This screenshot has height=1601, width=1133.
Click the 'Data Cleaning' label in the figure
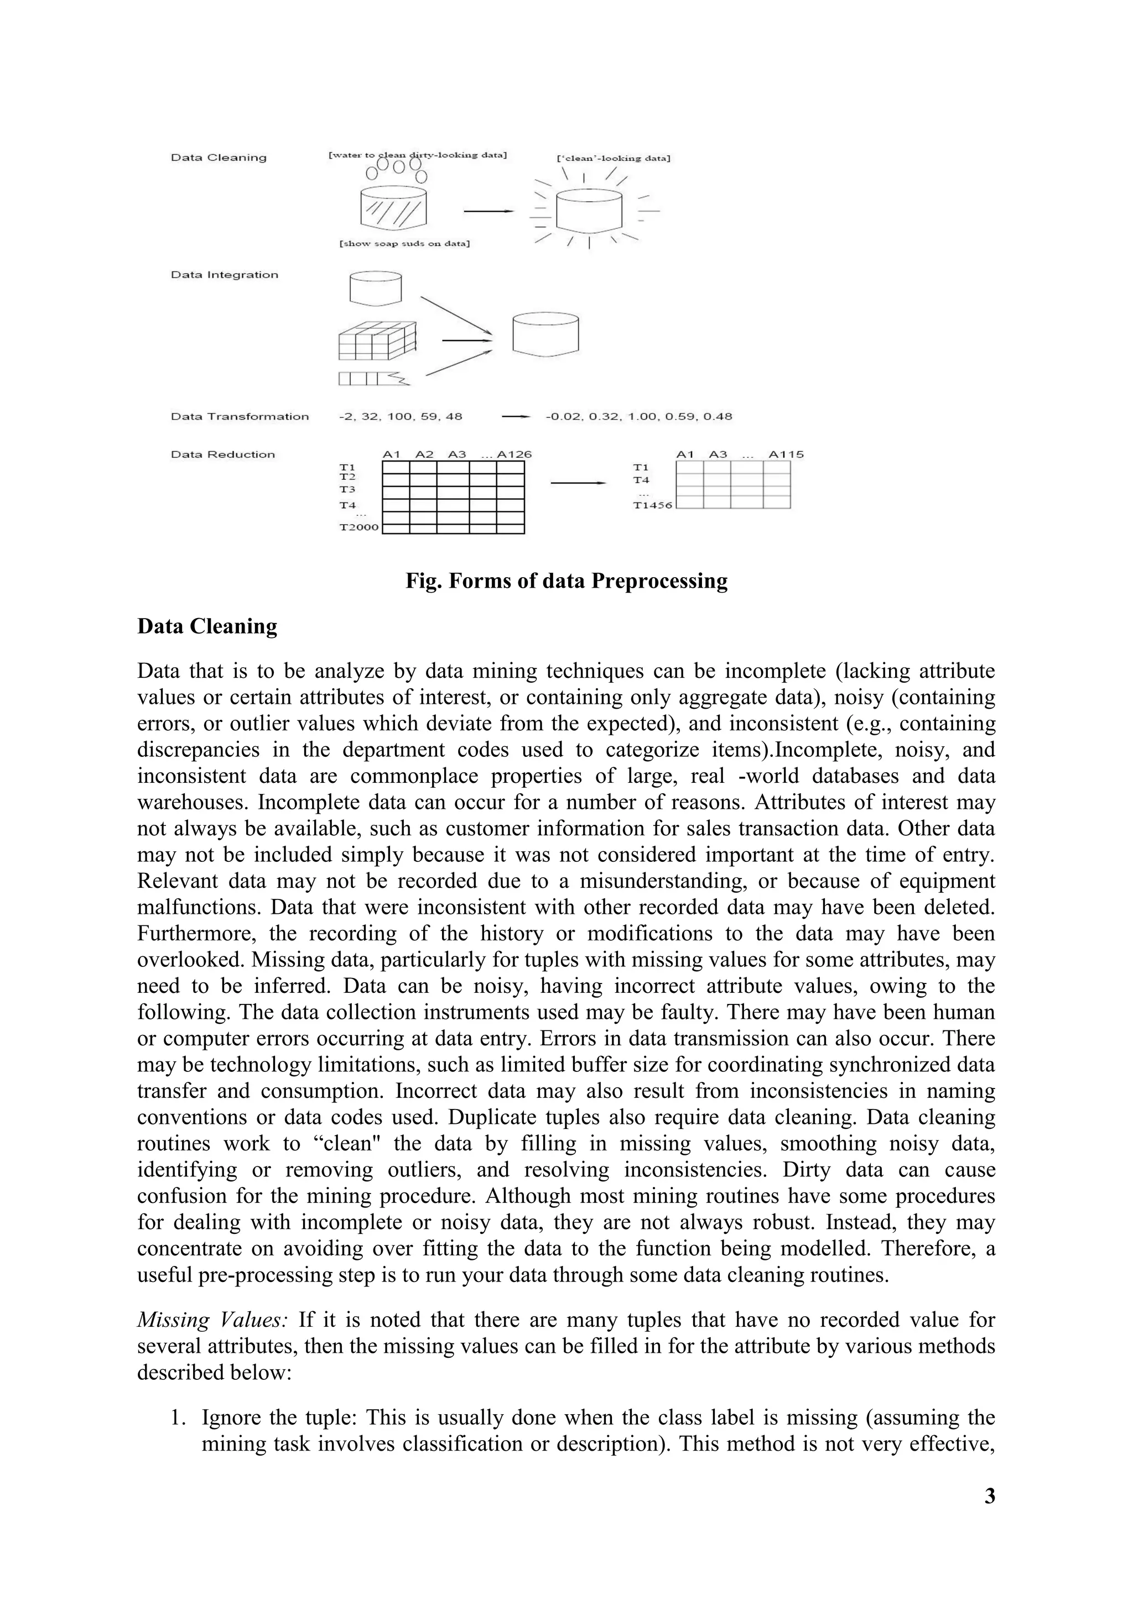219,158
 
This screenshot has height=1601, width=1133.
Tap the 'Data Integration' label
224,275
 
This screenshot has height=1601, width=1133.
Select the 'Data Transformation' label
240,416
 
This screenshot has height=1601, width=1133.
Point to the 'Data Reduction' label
222,454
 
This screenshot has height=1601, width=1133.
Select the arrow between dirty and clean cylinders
488,211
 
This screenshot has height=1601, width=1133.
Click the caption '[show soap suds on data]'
404,244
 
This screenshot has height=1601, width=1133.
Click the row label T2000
358,527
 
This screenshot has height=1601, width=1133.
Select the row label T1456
652,505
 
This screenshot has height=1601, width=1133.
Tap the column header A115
786,454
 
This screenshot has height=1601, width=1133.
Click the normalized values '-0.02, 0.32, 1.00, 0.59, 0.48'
638,416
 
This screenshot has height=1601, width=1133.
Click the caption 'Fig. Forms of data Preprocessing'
566,581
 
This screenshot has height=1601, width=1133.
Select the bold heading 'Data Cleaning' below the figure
207,626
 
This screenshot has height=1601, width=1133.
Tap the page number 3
989,1497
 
